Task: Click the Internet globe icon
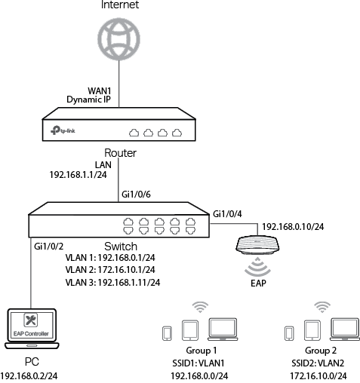118,39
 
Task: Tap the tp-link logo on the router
63,130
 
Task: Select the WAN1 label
100,90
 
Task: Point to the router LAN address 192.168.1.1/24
78,175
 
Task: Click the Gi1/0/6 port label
136,195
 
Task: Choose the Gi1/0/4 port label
227,214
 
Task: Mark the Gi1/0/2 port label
49,247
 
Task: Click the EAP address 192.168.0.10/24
293,227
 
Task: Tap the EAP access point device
257,245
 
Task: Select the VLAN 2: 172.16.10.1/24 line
110,270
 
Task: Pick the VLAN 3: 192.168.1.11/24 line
112,282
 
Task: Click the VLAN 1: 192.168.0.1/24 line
110,258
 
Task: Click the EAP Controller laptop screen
32,326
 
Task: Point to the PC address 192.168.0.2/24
29,376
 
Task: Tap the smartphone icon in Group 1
167,333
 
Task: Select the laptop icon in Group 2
345,329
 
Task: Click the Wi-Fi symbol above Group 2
322,307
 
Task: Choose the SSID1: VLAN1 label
198,363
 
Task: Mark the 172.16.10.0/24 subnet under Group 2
318,376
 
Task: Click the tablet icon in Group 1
190,330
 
